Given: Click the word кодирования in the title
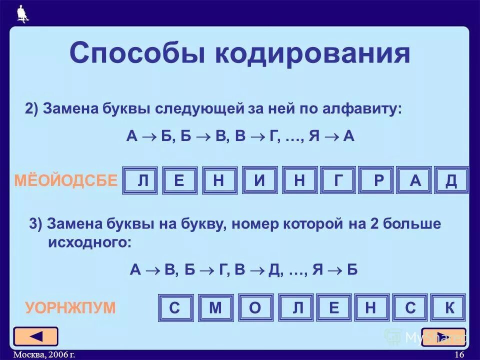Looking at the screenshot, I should [x=312, y=53].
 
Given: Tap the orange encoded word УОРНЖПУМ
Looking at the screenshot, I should [x=70, y=307].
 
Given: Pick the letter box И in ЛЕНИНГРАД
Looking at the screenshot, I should [x=259, y=180].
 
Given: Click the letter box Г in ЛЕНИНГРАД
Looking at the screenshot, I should [x=338, y=180].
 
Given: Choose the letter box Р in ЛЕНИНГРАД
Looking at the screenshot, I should [x=377, y=180].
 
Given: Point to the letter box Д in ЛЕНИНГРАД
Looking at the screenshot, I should [x=451, y=180].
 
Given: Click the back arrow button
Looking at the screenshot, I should [x=36, y=336].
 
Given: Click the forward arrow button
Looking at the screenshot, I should [x=443, y=336].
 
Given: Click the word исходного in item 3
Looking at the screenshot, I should [x=90, y=243].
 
